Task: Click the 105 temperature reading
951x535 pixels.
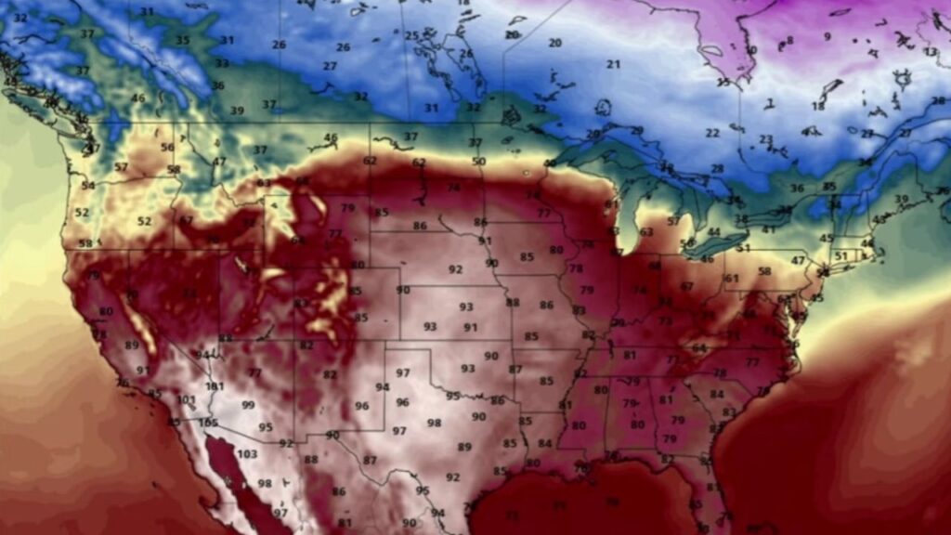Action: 208,422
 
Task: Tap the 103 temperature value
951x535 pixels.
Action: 247,454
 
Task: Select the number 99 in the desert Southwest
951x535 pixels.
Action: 248,405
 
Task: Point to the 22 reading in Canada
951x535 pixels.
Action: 712,133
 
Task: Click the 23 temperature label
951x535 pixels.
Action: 765,140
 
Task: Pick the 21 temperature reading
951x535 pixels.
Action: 613,64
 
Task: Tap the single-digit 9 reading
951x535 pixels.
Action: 827,37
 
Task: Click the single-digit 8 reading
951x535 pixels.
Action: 790,41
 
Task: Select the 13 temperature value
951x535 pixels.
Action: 931,52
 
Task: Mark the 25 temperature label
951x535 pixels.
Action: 412,36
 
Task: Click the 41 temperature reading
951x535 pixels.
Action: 769,228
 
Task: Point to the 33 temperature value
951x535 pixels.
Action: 222,63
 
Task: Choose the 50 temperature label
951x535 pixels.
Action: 478,162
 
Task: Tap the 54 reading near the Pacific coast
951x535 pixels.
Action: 87,186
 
